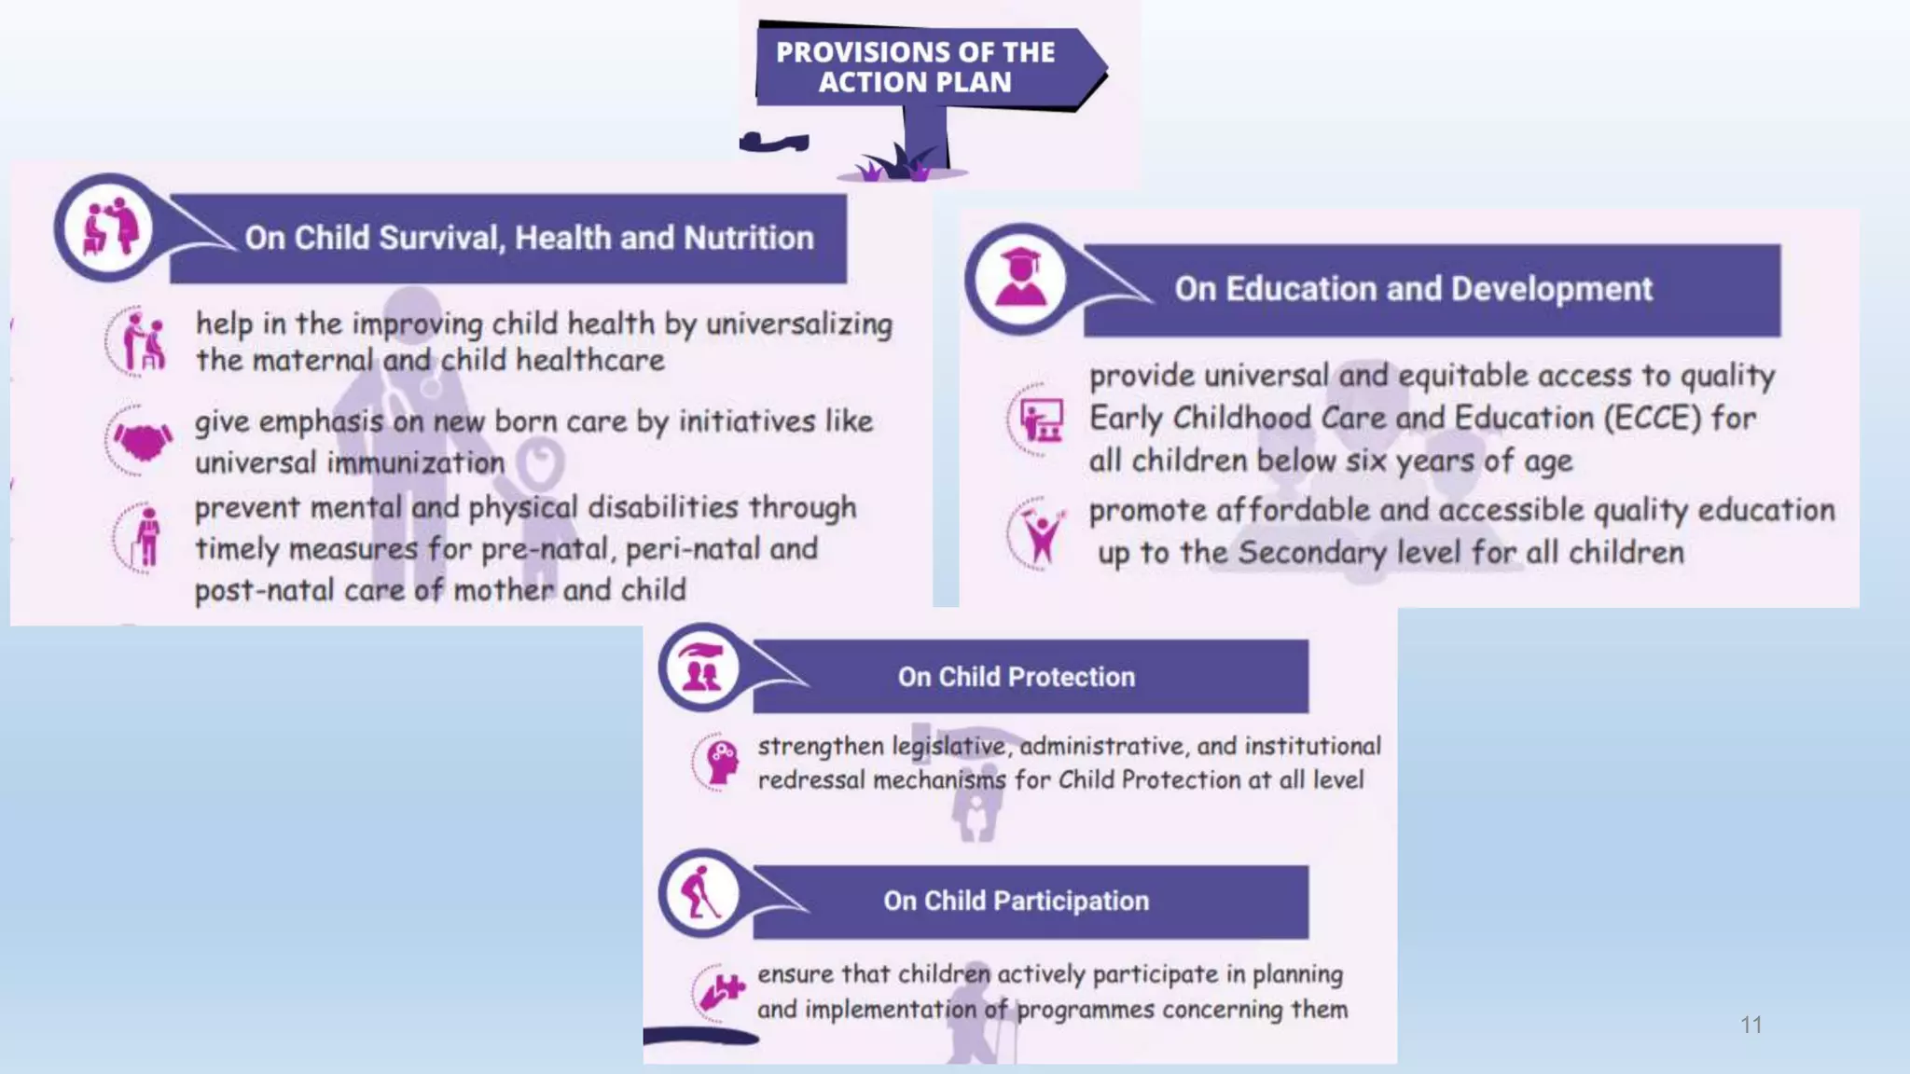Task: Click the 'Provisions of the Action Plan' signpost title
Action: (x=915, y=67)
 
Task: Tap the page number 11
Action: (x=1751, y=1025)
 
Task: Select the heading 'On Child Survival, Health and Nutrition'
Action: (x=529, y=238)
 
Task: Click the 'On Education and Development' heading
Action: (x=1413, y=289)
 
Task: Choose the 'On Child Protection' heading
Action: (x=1017, y=677)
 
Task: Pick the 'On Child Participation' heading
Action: (x=1017, y=901)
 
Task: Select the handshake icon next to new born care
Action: (x=142, y=440)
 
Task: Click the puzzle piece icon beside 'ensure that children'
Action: (x=722, y=991)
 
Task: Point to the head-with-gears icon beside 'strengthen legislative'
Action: (x=720, y=762)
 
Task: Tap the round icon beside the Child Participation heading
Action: (x=701, y=893)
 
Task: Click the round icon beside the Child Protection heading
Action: (x=701, y=668)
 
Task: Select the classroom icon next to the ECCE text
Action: (x=1040, y=420)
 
